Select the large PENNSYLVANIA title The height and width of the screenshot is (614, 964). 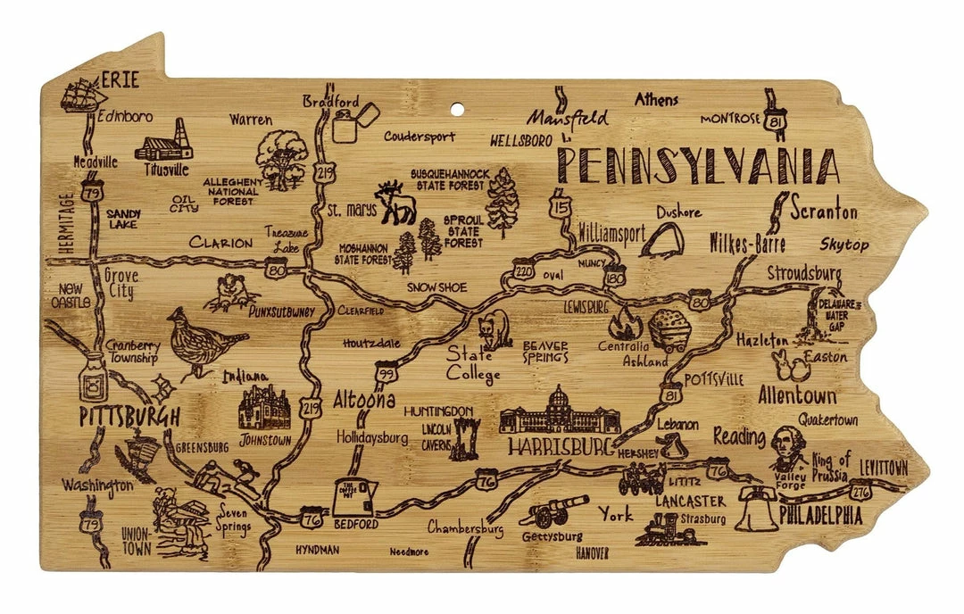698,167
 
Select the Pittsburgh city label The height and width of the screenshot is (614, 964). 129,416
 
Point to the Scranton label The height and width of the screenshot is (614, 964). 824,212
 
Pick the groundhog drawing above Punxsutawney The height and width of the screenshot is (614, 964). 232,291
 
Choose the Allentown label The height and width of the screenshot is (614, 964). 797,394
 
